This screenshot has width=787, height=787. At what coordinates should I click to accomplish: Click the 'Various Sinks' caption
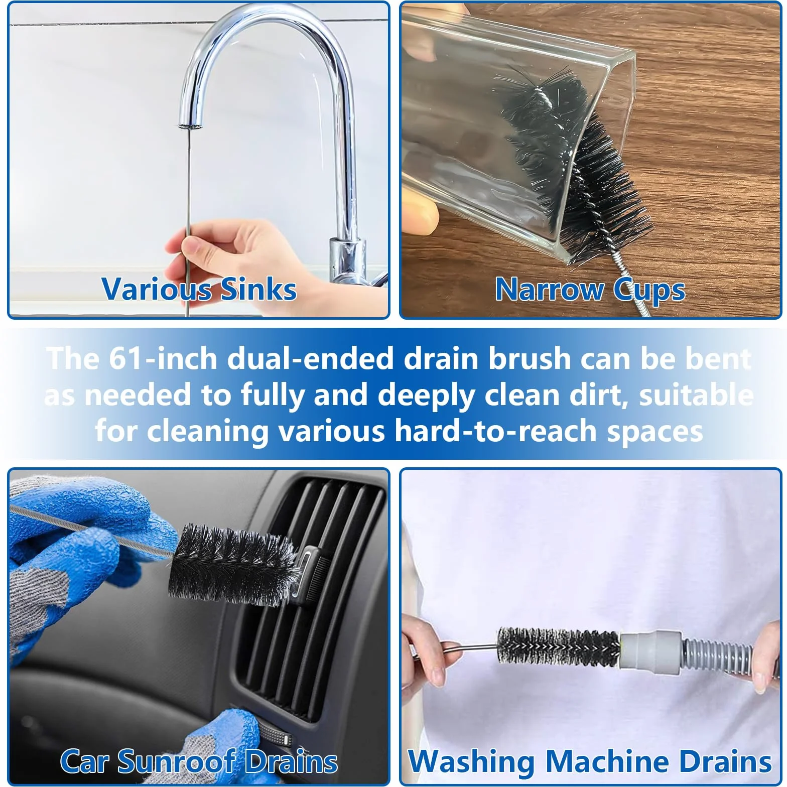[199, 289]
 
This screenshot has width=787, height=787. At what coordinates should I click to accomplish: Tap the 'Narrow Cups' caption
[590, 290]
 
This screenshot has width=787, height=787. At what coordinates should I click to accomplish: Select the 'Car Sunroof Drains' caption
[199, 761]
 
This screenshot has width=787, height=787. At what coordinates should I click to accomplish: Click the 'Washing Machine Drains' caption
[590, 761]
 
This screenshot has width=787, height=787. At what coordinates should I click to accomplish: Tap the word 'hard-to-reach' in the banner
[495, 432]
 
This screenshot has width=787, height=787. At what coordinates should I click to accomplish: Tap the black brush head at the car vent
[233, 565]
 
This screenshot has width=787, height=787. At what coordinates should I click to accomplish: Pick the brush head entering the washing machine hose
[558, 647]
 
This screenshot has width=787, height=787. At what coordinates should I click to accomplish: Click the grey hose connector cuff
[650, 650]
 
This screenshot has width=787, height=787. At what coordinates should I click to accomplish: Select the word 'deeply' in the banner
[426, 396]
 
